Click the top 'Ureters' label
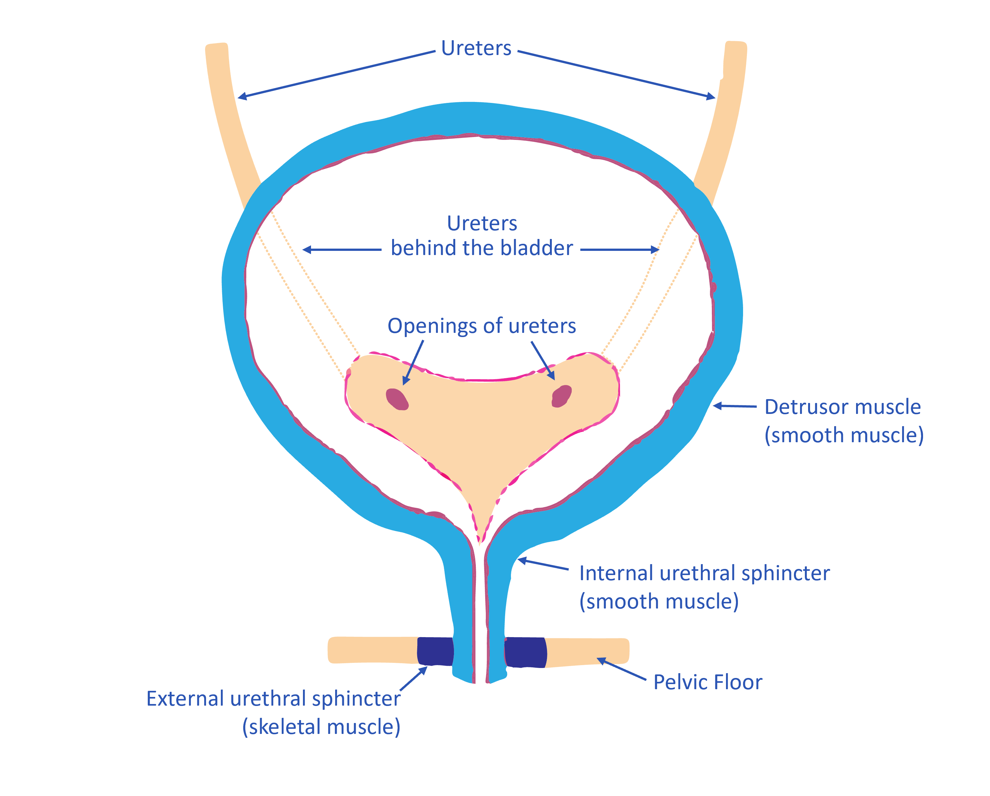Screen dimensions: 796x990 [476, 48]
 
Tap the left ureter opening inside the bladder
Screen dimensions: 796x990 [397, 399]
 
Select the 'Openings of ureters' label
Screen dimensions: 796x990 [481, 326]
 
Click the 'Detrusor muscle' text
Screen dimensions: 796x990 [842, 407]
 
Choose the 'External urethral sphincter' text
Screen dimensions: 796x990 [273, 699]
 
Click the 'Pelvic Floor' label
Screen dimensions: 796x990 [708, 682]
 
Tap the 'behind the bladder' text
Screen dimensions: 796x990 [482, 248]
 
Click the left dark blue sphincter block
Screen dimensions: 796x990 [435, 651]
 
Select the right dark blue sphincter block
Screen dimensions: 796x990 [525, 652]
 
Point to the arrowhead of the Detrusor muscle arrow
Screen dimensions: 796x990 [716, 406]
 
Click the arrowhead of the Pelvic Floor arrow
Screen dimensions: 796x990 [600, 660]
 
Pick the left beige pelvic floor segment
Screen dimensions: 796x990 [372, 650]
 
